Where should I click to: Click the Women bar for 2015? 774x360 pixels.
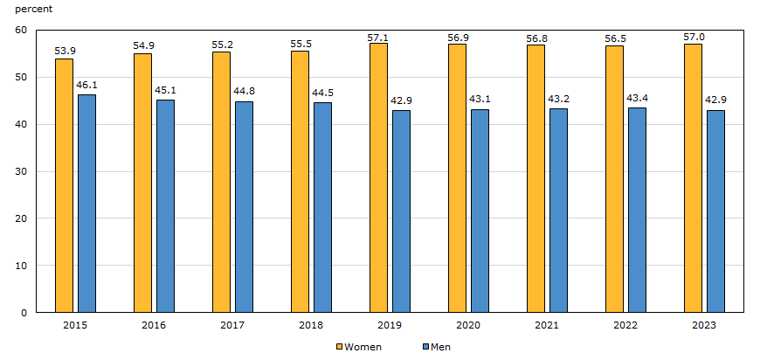click(64, 185)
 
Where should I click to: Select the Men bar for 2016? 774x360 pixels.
click(165, 206)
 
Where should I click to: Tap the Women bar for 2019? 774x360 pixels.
click(378, 177)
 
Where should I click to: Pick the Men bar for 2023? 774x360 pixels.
click(715, 211)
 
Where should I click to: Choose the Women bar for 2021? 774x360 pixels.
click(536, 178)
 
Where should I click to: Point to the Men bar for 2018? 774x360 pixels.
click(322, 207)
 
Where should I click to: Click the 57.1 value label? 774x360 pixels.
click(378, 36)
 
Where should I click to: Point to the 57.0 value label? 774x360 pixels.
click(693, 36)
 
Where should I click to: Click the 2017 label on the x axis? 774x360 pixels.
click(232, 325)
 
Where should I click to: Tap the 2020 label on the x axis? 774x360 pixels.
click(468, 325)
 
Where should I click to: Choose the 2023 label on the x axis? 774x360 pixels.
click(704, 325)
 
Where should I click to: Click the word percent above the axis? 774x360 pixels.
click(33, 9)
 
